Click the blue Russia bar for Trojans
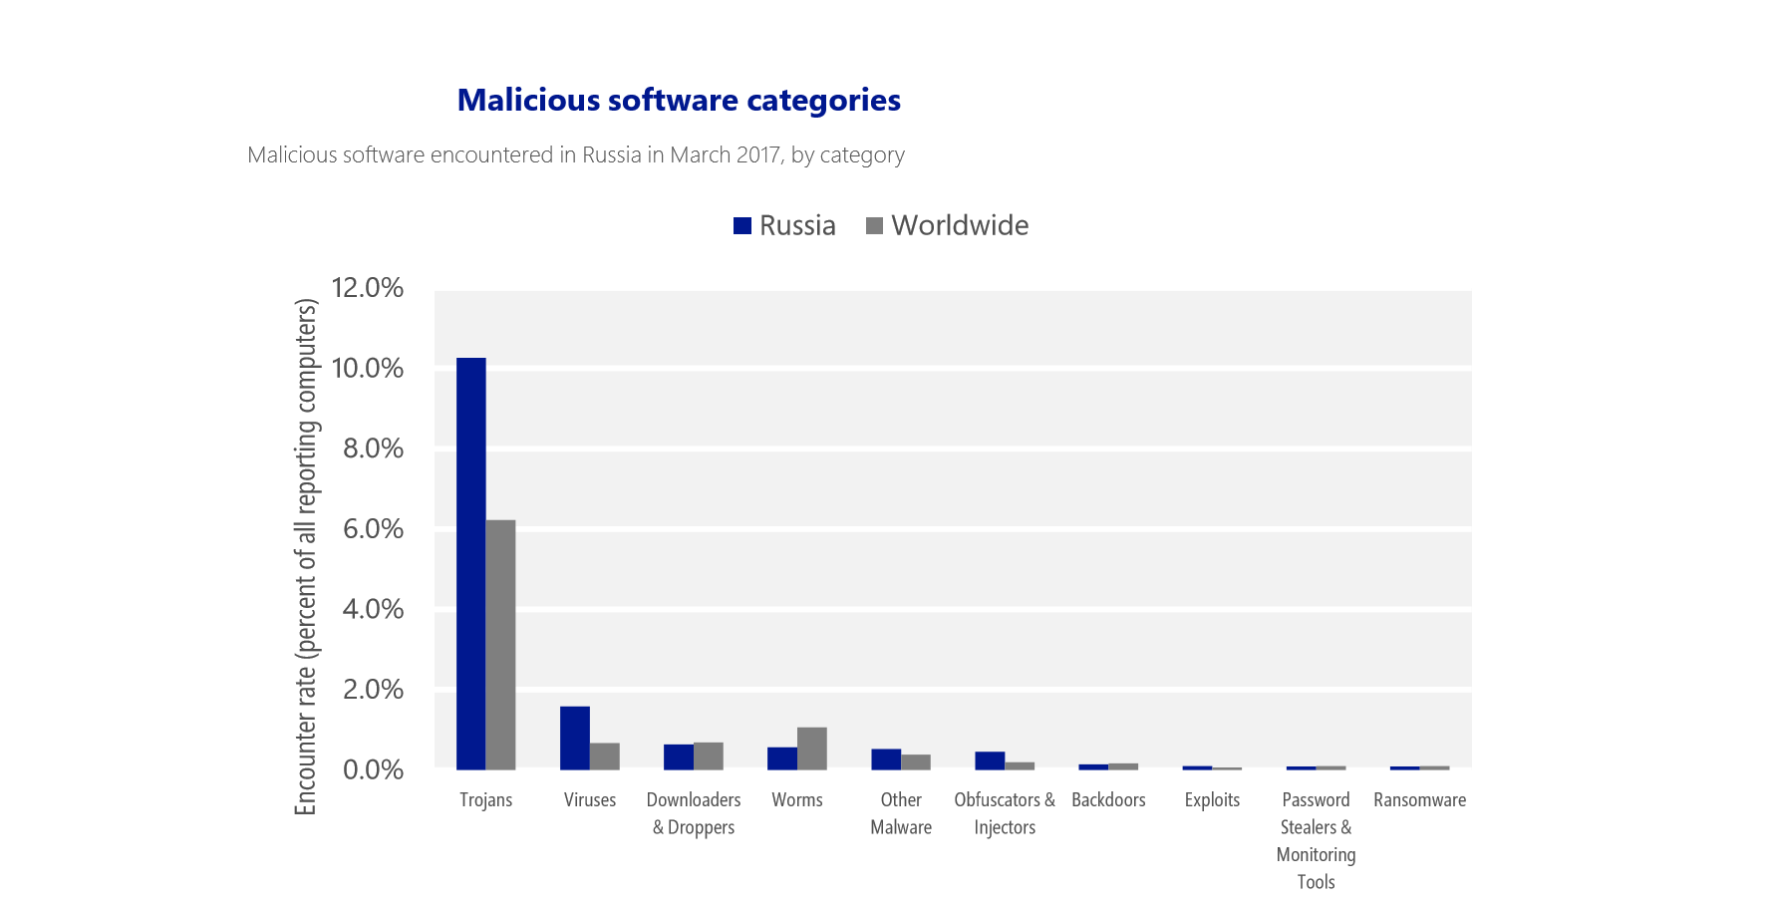[x=470, y=563]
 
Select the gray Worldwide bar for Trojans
[x=500, y=644]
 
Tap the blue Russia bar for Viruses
[x=574, y=738]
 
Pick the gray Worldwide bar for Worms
[x=812, y=749]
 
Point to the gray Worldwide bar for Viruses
[x=604, y=756]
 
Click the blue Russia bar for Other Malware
[x=886, y=759]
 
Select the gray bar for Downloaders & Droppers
[x=709, y=756]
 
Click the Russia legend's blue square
[x=741, y=226]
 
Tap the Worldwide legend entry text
[x=960, y=225]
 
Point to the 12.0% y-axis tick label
[x=367, y=288]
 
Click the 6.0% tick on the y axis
[x=373, y=529]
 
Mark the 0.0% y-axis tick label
[x=373, y=769]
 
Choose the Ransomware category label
[x=1419, y=799]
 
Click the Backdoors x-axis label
[x=1108, y=799]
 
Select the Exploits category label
[x=1212, y=799]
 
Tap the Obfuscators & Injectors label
[x=1005, y=813]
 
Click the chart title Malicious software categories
[x=679, y=100]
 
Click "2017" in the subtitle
[x=758, y=155]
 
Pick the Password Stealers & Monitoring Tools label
[x=1316, y=840]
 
